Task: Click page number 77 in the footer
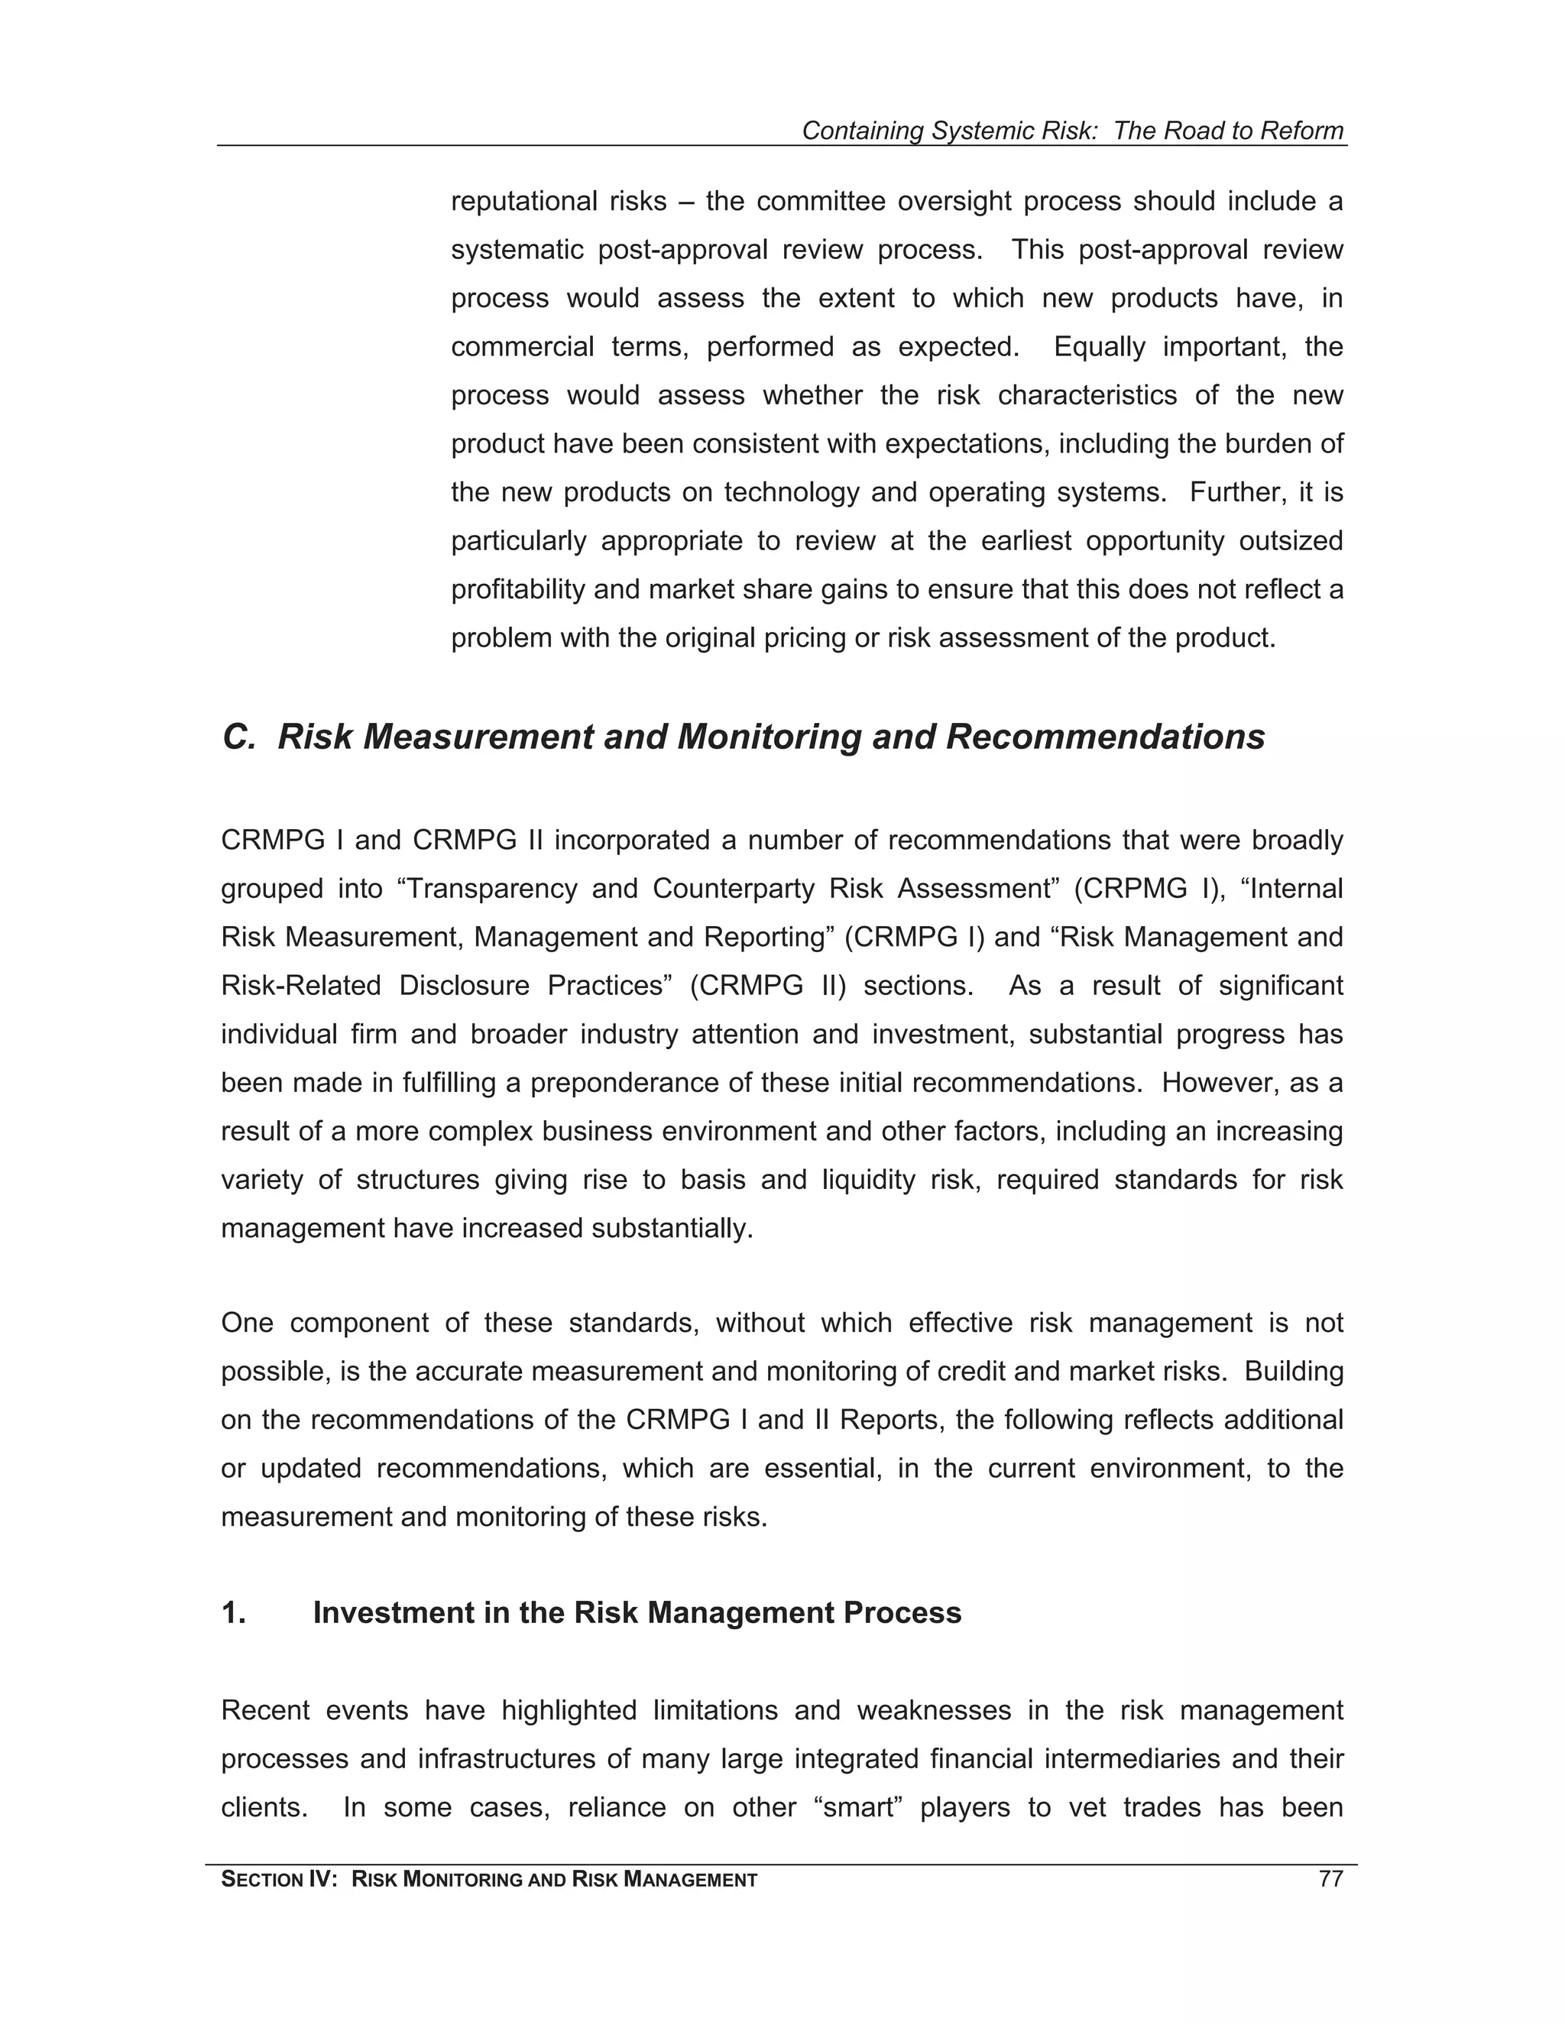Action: pos(1330,1880)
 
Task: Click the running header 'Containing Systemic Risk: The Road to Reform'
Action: pos(1072,131)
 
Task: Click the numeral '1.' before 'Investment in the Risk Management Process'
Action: pos(234,1612)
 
